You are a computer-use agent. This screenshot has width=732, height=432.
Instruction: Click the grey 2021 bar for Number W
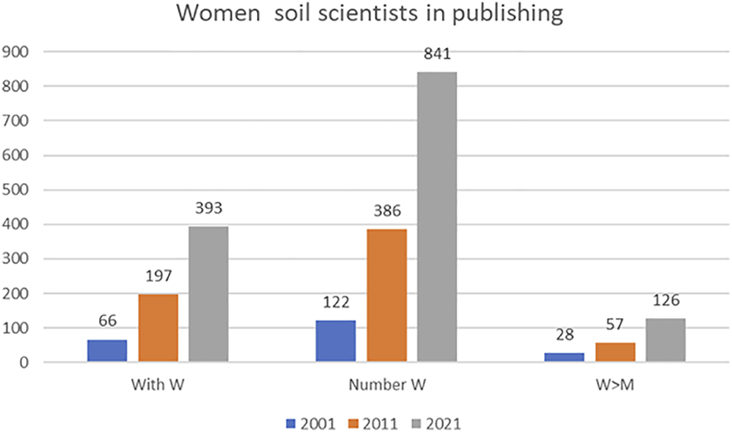click(x=437, y=217)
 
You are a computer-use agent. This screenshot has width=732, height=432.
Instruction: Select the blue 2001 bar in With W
click(x=107, y=351)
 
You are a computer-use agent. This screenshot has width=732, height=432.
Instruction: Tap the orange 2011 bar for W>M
click(x=616, y=352)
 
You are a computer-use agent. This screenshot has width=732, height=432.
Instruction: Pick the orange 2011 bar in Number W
click(x=387, y=295)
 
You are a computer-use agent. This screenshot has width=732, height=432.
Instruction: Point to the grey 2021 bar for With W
click(x=208, y=295)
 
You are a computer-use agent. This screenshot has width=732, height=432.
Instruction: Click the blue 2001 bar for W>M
click(x=565, y=357)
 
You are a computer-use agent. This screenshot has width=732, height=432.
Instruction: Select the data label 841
click(x=437, y=54)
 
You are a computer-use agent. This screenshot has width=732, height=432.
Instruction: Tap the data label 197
click(x=159, y=276)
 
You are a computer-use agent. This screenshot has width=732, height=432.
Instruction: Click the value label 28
click(x=565, y=335)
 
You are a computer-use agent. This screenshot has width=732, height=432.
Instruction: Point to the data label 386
click(x=387, y=211)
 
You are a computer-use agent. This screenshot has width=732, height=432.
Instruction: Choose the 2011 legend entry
click(x=373, y=423)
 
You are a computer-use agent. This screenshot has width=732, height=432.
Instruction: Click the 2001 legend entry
click(x=311, y=423)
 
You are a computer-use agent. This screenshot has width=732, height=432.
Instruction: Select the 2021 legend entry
click(x=436, y=423)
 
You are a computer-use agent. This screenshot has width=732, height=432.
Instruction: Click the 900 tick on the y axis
click(x=16, y=52)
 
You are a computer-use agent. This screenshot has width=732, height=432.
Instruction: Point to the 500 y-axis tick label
click(x=16, y=190)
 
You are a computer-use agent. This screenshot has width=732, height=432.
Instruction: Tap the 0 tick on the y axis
click(x=24, y=363)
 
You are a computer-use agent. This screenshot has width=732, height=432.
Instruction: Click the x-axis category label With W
click(x=158, y=385)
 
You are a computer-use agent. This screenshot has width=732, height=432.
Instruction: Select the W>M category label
click(x=615, y=385)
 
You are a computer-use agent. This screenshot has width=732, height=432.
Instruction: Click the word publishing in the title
click(x=507, y=14)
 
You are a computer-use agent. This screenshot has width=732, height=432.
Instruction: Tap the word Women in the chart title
click(x=218, y=13)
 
